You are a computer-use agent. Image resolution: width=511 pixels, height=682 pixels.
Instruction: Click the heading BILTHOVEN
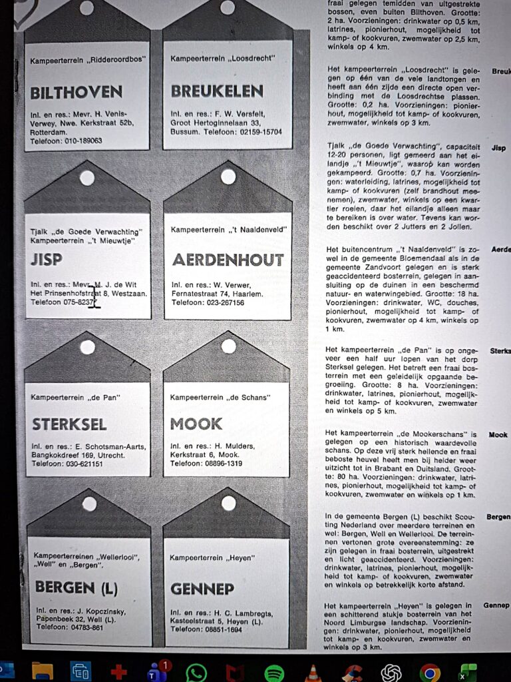click(76, 92)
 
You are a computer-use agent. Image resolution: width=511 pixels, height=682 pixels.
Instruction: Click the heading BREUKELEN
click(217, 91)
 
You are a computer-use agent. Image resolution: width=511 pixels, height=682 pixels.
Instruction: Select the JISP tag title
click(46, 260)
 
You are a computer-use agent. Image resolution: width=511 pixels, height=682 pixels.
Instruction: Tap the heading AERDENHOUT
click(228, 260)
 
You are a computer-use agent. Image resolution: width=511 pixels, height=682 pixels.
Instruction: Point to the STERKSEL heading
click(69, 424)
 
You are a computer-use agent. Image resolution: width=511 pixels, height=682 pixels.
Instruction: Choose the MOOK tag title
click(196, 424)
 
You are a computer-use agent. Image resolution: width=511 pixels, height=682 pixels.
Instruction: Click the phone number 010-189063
click(79, 141)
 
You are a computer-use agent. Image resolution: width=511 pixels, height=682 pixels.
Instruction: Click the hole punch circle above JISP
click(87, 177)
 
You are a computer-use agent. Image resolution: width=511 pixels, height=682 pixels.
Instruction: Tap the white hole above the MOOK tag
click(228, 346)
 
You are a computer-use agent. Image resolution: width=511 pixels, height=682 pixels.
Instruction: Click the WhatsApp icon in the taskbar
click(196, 671)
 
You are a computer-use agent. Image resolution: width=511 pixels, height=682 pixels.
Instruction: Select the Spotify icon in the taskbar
click(274, 671)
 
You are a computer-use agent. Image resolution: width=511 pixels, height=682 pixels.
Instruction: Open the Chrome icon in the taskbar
click(429, 671)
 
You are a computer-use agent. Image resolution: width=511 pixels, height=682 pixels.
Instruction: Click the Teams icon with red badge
click(157, 671)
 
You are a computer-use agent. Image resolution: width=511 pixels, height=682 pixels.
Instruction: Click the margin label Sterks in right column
click(500, 350)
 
